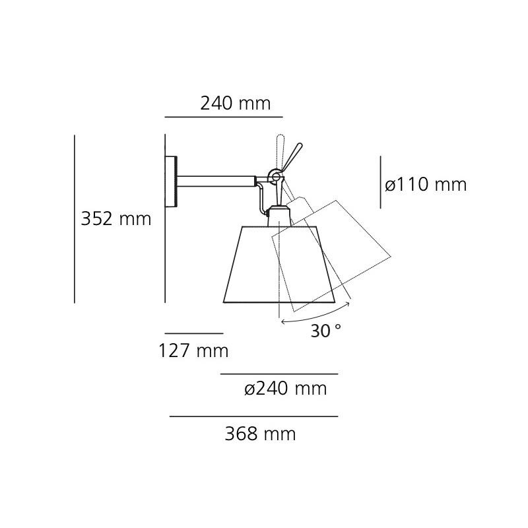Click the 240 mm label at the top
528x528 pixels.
(x=236, y=104)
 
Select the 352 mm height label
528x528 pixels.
(x=116, y=219)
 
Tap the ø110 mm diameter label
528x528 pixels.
(x=426, y=185)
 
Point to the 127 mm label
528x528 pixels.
(x=193, y=351)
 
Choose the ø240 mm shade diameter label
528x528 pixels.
(x=286, y=389)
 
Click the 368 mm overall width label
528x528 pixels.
(x=260, y=434)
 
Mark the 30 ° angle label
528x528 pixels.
(x=326, y=331)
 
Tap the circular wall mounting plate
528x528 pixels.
(x=172, y=181)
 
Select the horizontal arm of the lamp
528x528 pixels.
(x=218, y=181)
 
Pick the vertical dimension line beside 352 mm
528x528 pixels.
(x=75, y=219)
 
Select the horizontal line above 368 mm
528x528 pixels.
(x=253, y=416)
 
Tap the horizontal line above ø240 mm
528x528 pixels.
(x=279, y=374)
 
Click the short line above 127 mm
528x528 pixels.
(x=193, y=333)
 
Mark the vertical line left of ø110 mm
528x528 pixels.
(x=380, y=182)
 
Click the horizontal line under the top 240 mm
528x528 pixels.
(x=223, y=117)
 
